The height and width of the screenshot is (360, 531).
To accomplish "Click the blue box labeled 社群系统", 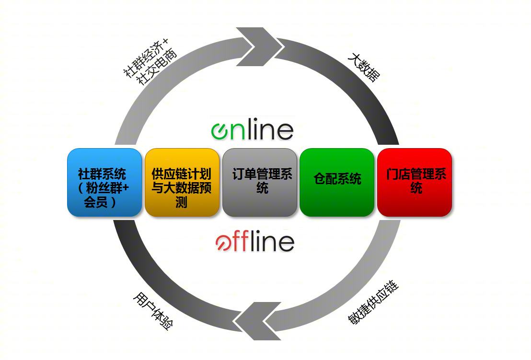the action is click(x=104, y=182).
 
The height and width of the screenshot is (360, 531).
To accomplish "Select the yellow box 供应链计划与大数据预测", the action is click(x=182, y=182).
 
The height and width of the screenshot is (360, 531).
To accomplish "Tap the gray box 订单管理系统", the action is click(x=260, y=182).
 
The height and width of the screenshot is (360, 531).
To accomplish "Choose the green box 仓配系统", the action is click(x=337, y=182).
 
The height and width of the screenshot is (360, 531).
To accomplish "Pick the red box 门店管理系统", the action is click(x=415, y=182).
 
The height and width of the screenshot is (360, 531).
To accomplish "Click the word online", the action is click(x=252, y=129).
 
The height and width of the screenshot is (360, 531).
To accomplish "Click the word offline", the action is click(x=254, y=241).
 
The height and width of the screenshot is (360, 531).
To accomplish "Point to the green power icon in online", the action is click(x=220, y=131).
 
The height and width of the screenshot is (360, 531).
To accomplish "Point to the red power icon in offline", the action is click(x=224, y=243).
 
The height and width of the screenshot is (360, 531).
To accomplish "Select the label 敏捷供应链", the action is click(x=373, y=302).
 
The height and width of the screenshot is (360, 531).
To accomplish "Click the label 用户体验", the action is click(x=153, y=311).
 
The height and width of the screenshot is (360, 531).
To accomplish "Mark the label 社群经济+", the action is click(x=146, y=58).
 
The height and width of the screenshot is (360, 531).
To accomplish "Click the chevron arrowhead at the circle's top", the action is click(x=260, y=46).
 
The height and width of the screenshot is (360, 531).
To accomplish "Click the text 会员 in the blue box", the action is click(x=96, y=202).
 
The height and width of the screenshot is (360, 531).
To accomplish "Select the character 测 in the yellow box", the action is click(x=182, y=202).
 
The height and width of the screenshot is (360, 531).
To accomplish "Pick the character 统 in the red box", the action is click(x=416, y=187).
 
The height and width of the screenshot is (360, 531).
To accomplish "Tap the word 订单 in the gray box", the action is click(x=244, y=174).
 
